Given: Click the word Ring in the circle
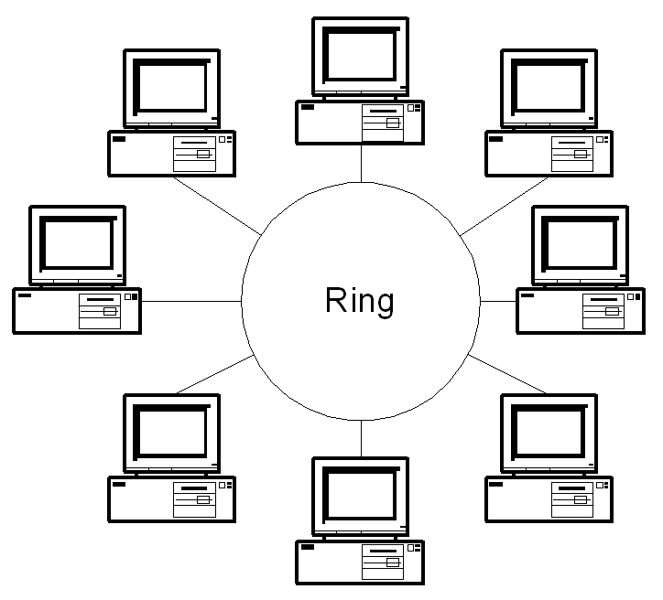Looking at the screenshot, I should click(360, 301).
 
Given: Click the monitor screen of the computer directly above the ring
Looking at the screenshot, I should click(360, 54).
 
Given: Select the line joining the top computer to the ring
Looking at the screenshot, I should click(361, 162).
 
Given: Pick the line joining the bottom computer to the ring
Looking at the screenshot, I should click(361, 439).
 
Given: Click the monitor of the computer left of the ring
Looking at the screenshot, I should click(77, 244).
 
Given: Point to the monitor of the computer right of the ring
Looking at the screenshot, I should click(581, 244).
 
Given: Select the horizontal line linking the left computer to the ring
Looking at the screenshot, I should click(193, 300).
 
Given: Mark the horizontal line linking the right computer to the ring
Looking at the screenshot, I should click(498, 300).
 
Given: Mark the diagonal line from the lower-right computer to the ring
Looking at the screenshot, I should click(508, 374).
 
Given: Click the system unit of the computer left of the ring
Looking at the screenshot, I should click(77, 311).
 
